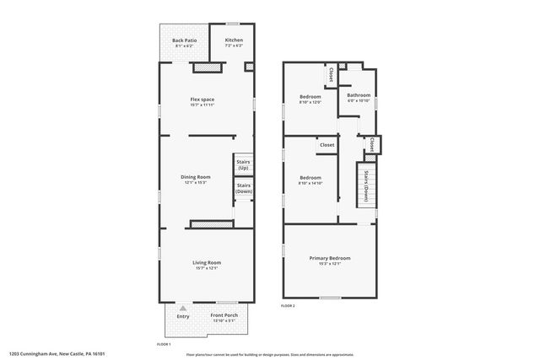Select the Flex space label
tap(202, 99)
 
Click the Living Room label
tap(206, 262)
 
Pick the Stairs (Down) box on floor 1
tap(243, 188)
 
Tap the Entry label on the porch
tap(183, 316)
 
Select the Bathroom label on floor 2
tap(359, 95)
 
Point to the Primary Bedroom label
tap(330, 258)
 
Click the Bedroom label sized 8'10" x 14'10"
tap(310, 178)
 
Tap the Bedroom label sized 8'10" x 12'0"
tap(310, 96)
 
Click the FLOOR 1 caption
tap(164, 344)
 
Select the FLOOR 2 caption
tap(288, 304)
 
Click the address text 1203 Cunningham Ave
tap(59, 354)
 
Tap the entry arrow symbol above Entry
tap(183, 309)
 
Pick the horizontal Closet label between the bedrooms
tap(327, 145)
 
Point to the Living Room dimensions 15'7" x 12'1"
tap(206, 268)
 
